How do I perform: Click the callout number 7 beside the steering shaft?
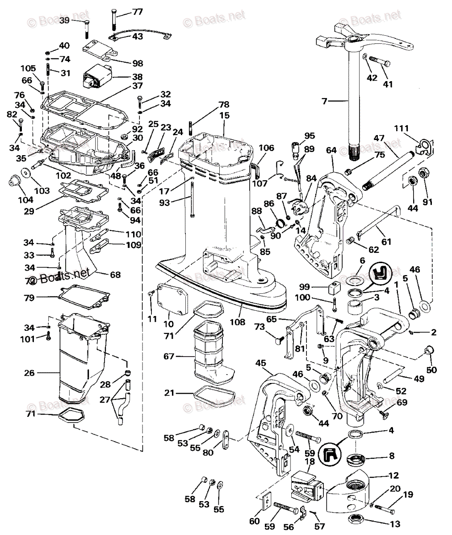point(324,101)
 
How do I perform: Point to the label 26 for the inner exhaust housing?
point(29,373)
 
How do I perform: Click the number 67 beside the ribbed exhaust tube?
point(169,357)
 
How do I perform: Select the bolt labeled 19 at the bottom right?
point(385,506)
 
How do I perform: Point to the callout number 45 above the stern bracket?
point(261,364)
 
